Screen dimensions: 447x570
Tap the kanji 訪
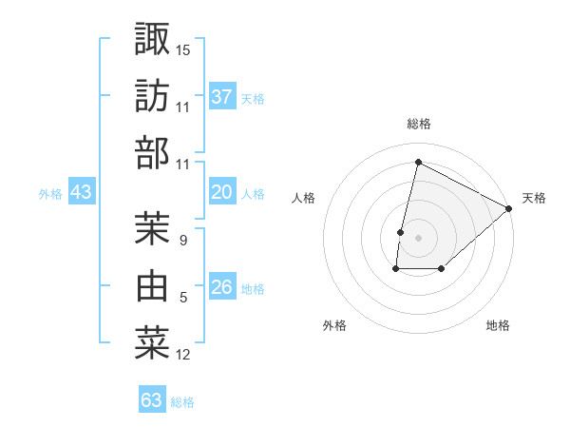click(152, 96)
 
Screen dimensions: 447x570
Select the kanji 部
click(152, 153)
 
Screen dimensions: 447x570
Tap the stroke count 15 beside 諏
click(183, 49)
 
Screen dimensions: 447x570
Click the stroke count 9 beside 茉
click(182, 240)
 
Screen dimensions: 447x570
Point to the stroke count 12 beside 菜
click(183, 355)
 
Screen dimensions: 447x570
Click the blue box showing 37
click(221, 96)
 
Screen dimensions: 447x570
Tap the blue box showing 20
click(221, 192)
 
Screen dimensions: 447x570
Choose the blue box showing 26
click(221, 287)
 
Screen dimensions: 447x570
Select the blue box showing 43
click(81, 192)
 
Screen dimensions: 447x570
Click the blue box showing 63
click(151, 400)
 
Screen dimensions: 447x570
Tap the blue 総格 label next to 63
click(183, 402)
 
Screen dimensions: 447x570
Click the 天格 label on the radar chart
click(534, 198)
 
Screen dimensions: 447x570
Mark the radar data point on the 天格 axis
click(509, 209)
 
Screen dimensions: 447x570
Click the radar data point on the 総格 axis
click(417, 163)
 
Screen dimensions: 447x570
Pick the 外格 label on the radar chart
click(333, 325)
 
